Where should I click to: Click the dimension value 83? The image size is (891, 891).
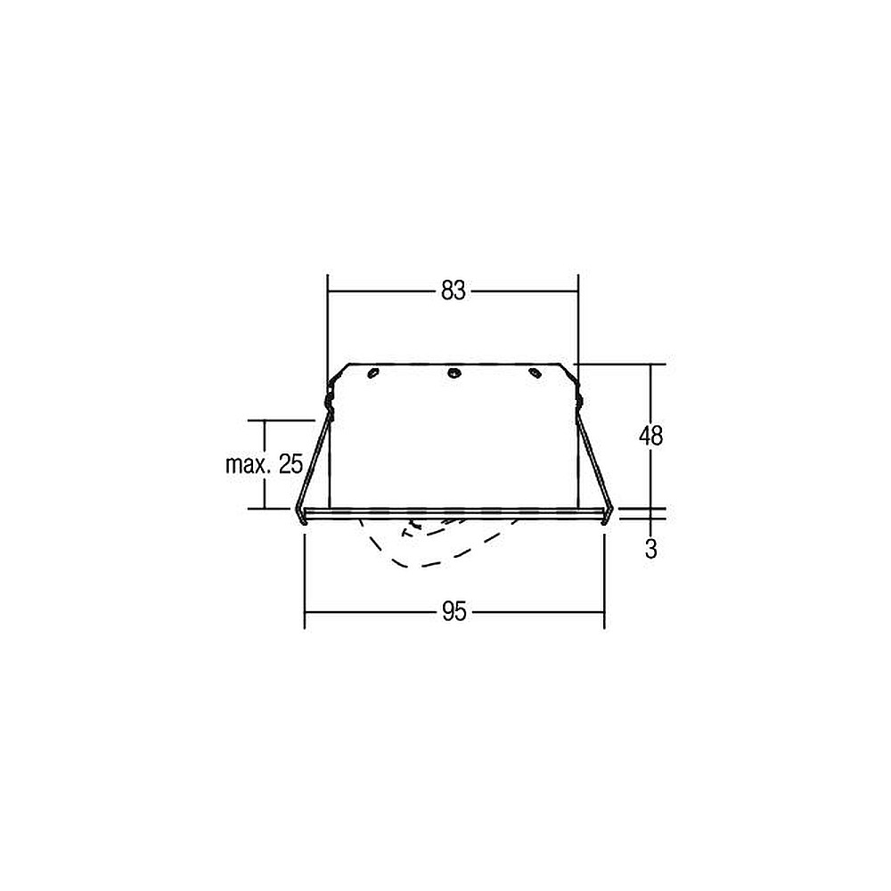tap(453, 291)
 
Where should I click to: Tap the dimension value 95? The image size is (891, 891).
tap(454, 612)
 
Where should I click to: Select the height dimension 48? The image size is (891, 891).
tap(650, 436)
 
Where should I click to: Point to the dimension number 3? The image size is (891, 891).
tap(651, 549)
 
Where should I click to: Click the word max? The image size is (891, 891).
tap(247, 465)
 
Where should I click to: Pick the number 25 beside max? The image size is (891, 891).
tap(291, 464)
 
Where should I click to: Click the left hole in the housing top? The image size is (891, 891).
tap(372, 372)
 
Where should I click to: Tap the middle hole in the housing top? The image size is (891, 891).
tap(454, 372)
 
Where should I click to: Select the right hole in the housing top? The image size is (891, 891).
tap(534, 372)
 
